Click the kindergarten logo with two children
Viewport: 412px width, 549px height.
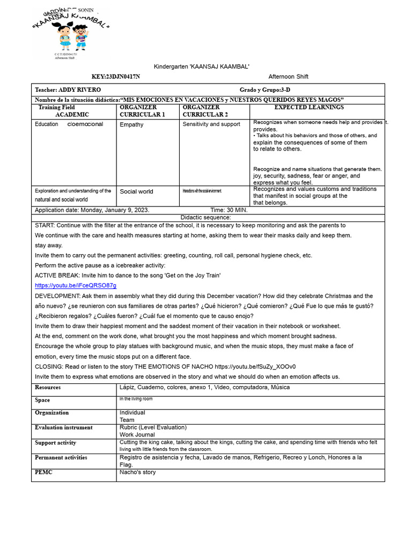click(71, 33)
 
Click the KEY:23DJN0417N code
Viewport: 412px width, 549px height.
click(116, 77)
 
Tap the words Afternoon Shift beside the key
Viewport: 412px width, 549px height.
click(288, 77)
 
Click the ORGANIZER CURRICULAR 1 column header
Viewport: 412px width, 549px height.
click(142, 111)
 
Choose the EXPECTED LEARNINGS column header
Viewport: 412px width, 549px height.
click(309, 108)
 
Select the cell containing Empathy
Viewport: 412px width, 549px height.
click(131, 124)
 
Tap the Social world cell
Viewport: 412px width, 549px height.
click(136, 191)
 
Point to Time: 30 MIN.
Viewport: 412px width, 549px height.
click(229, 210)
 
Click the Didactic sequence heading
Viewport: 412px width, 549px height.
click(206, 218)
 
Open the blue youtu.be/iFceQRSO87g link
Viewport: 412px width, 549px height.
click(76, 286)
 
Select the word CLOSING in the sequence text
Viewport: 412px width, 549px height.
click(49, 366)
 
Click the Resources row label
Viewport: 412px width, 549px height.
click(48, 388)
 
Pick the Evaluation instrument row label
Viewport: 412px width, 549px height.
click(63, 428)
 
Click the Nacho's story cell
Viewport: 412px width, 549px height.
click(137, 472)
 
